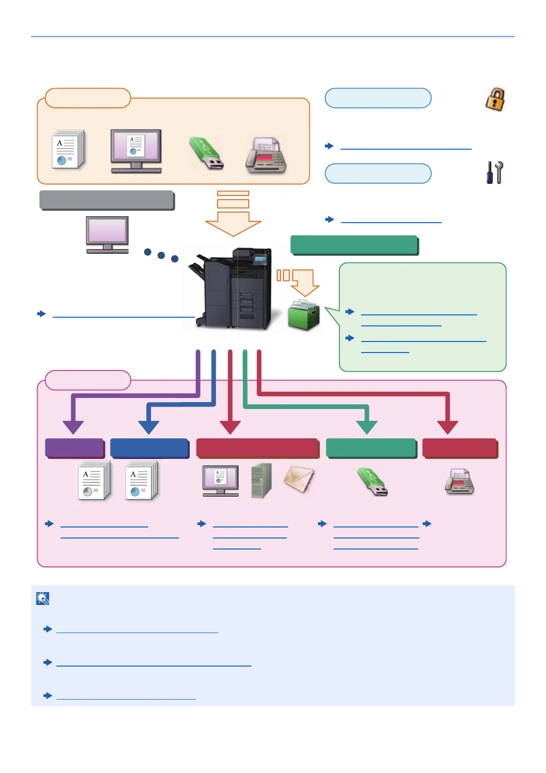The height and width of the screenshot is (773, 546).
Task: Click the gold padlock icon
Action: [495, 99]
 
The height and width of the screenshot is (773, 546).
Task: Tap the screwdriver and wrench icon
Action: [495, 173]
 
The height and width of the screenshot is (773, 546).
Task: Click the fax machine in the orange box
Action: [266, 156]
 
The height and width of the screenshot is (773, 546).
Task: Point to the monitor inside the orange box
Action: [136, 151]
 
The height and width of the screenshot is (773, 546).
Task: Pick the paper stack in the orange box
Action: [68, 150]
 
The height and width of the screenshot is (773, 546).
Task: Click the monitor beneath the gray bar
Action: [107, 235]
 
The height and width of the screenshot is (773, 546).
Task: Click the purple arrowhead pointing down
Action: [73, 427]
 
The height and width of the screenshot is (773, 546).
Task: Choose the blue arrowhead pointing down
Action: [149, 427]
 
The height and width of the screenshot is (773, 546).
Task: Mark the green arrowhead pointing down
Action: [367, 427]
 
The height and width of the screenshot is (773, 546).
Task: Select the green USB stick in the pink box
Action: [373, 482]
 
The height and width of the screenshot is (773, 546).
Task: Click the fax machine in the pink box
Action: [459, 482]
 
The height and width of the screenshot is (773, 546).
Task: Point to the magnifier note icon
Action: [43, 598]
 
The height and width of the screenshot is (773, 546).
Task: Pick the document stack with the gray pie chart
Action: [94, 481]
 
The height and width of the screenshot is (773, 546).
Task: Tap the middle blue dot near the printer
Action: [161, 255]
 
